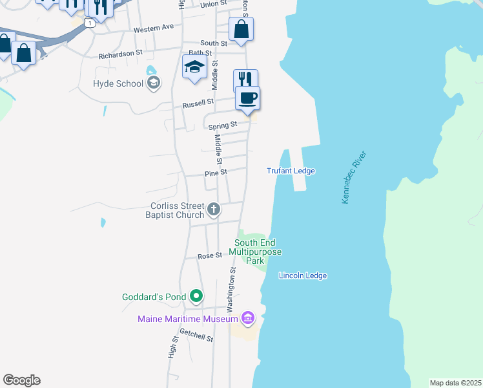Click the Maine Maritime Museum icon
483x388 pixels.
pyautogui.click(x=247, y=318)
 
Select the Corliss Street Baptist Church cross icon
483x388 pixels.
pyautogui.click(x=214, y=210)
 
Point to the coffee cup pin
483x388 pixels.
pyautogui.click(x=247, y=98)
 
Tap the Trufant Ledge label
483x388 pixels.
pyautogui.click(x=291, y=171)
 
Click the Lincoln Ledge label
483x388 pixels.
pyautogui.click(x=303, y=275)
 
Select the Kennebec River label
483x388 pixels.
pyautogui.click(x=354, y=178)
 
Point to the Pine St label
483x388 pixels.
pyautogui.click(x=216, y=173)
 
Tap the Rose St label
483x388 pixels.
pyautogui.click(x=210, y=256)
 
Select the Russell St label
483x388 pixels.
pyautogui.click(x=198, y=103)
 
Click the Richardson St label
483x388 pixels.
pyautogui.click(x=120, y=55)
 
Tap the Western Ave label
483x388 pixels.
pyautogui.click(x=154, y=28)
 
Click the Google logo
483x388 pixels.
pyautogui.click(x=21, y=380)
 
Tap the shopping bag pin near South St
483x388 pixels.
pyautogui.click(x=241, y=30)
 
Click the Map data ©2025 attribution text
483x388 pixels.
pyautogui.click(x=456, y=383)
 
